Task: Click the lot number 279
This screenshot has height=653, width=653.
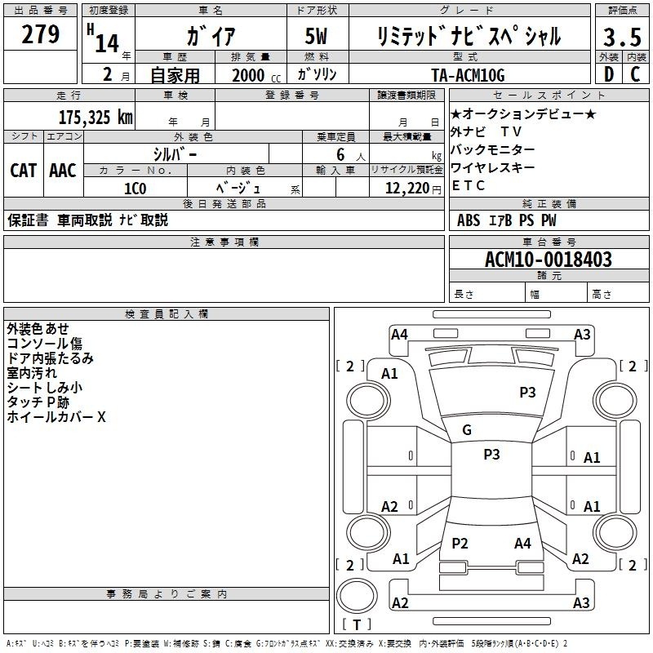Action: [x=40, y=34]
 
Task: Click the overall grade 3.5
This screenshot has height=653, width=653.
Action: [x=622, y=37]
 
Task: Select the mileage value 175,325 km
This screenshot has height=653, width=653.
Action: [x=96, y=118]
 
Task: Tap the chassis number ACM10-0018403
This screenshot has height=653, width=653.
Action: [x=549, y=260]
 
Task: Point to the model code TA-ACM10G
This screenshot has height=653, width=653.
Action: [x=468, y=75]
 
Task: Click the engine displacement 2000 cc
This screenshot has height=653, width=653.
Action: [x=256, y=76]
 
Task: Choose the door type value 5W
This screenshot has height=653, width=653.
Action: [x=316, y=36]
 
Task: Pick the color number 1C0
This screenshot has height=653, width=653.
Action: [x=135, y=189]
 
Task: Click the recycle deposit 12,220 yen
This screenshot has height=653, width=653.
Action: [x=413, y=189]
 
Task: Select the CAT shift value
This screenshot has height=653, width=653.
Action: [x=24, y=171]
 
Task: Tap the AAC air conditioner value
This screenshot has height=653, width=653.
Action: [x=63, y=171]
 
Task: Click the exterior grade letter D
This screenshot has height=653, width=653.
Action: [x=609, y=74]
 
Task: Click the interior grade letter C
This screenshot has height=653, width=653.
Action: [x=635, y=74]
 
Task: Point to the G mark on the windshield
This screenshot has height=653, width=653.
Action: [x=467, y=430]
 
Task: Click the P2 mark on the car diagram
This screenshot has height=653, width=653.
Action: [x=460, y=543]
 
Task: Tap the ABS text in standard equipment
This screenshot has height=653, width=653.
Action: [x=469, y=220]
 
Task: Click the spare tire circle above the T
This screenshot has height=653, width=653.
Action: [x=357, y=596]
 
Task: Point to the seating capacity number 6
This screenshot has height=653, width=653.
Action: [x=340, y=154]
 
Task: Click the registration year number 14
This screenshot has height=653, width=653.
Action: [x=107, y=43]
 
